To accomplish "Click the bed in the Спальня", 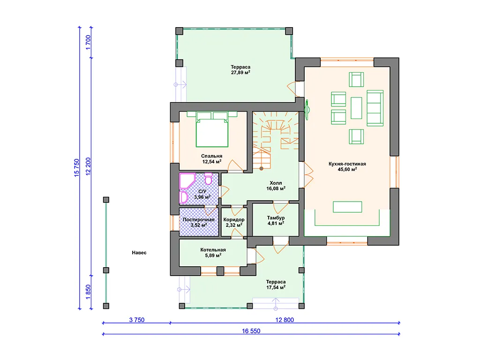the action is pos(212,132).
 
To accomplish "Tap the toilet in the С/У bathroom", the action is pos(208,179).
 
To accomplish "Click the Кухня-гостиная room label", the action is pos(347,164).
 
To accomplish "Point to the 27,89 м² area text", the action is pos(240,73).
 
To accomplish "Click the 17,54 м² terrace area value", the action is pos(276,287).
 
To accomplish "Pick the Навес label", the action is pos(139,253).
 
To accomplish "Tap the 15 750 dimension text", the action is pos(76,167).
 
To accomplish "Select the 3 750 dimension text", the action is pos(136,320).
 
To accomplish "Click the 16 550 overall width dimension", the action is pos(251,331).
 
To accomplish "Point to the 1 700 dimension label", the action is pos(88,43).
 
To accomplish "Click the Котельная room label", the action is pos(213,250).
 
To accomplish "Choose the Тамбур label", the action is pos(276,217).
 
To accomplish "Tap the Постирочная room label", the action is pos(199,219).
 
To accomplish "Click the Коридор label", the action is pos(234,219).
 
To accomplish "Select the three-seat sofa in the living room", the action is pos(375,108).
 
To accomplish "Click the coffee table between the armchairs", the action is pos(356,108).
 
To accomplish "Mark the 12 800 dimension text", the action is pos(285,320).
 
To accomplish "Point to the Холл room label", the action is pos(276,183).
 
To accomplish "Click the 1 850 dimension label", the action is pos(88,292).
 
